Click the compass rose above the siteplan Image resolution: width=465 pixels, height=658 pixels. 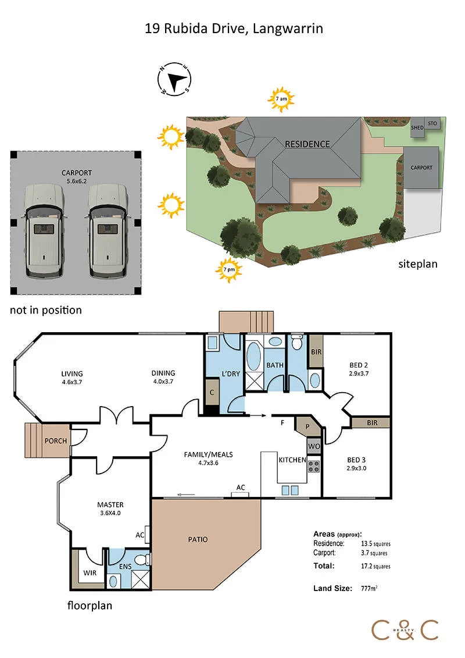[174, 79]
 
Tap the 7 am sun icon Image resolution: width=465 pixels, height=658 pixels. [281, 99]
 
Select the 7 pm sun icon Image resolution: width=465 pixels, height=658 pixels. [229, 270]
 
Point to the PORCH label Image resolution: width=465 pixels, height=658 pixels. [56, 441]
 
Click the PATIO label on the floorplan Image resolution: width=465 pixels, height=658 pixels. [198, 540]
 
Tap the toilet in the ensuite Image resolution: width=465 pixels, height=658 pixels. [144, 559]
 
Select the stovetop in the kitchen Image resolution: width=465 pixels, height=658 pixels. [314, 466]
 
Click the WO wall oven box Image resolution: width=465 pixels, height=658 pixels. [314, 446]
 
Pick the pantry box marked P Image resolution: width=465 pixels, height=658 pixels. [308, 425]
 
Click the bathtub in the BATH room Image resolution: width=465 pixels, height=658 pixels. [253, 356]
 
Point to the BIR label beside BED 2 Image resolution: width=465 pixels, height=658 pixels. [316, 352]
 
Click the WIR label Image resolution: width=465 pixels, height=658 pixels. [90, 573]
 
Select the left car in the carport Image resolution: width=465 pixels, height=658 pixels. [44, 230]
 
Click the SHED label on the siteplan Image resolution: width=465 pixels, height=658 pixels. [417, 127]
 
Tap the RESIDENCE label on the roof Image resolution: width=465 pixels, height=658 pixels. [307, 144]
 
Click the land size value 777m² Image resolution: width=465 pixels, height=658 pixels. [369, 588]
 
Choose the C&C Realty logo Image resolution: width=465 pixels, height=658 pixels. [405, 630]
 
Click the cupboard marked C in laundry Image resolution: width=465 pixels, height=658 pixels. [212, 392]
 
